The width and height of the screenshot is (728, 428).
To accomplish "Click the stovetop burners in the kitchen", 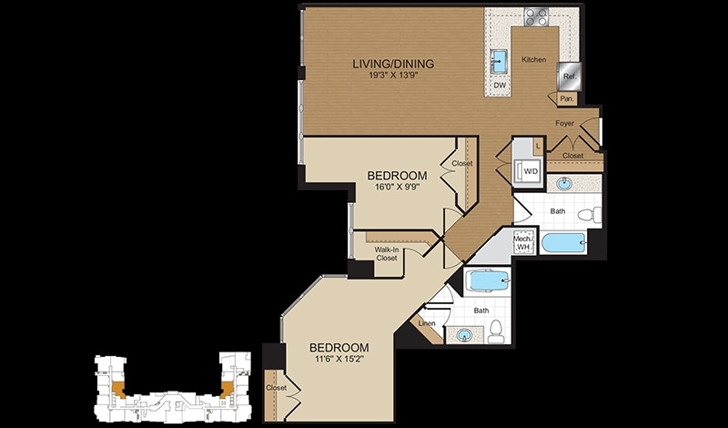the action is coord(536,16).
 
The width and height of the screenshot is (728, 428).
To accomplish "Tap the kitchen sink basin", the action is coord(500,62).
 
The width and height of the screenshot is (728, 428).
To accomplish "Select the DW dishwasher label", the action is coord(500,86).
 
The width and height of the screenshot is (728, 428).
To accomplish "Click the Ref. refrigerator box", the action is coord(570,76).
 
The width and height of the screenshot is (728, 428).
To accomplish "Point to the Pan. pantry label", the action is coord(566,98).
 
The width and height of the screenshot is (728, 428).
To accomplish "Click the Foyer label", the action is coord(564,124).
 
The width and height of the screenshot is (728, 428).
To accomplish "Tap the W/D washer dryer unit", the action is coord(529,170).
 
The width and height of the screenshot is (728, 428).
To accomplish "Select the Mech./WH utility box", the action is coord(524,242).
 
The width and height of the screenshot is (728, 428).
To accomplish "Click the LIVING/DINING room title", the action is coord(393,64).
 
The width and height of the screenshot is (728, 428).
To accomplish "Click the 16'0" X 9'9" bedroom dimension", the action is coord(397,188).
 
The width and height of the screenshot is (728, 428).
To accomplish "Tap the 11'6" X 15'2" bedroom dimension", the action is coord(339,359).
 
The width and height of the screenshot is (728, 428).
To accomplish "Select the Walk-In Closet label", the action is coord(386,253).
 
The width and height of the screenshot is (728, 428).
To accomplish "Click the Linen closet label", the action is coord(427,323).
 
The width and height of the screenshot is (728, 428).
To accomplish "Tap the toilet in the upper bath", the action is coord(590,215).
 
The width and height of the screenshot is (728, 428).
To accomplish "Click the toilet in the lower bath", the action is coord(496,331).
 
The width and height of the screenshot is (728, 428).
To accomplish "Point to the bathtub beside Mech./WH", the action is coord(563,243).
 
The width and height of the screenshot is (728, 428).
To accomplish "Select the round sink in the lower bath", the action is coord(463,334).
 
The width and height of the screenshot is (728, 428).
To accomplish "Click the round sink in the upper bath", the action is coord(564,184).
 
